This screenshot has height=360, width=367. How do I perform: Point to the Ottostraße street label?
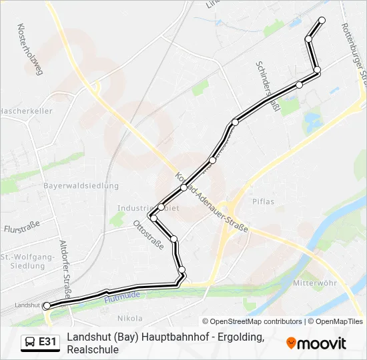coord(149,235)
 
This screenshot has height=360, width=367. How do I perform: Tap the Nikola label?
coord(130,319)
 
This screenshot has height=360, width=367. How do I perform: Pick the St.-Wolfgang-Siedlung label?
coord(27,261)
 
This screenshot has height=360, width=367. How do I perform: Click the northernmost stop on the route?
coord(322,20)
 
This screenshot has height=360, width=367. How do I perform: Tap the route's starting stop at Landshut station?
coord(47,306)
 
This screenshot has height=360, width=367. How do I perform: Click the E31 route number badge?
coord(47,342)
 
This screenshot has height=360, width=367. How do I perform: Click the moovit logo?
coord(316,343)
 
